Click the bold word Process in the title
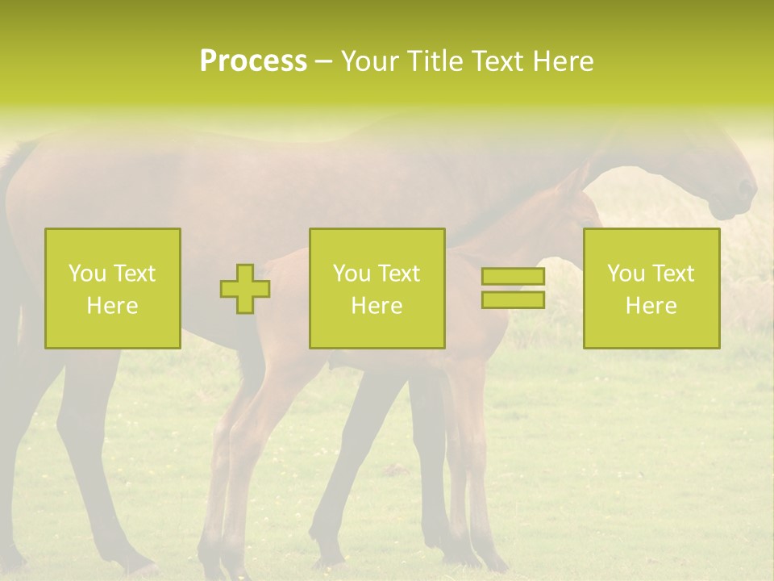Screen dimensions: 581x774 (253, 61)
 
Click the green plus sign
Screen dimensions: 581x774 (245, 289)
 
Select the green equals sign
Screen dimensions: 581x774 (513, 288)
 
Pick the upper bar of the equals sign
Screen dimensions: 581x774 (513, 277)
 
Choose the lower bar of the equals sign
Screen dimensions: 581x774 (513, 299)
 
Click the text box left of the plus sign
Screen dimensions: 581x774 (112, 288)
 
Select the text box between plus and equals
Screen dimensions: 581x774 (377, 288)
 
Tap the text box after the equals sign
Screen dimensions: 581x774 (651, 288)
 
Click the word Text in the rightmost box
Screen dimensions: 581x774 (672, 274)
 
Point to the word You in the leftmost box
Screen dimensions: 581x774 (88, 274)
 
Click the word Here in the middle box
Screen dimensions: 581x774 (377, 306)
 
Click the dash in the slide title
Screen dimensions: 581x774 (324, 61)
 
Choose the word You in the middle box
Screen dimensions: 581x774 (352, 274)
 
